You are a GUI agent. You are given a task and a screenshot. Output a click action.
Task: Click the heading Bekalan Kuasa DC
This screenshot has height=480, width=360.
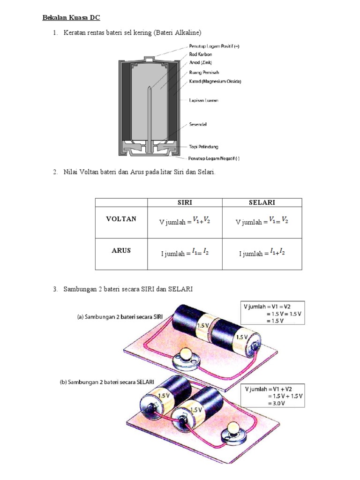coord(71,18)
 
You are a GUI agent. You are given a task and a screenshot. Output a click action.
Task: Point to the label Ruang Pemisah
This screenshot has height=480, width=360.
coord(204,72)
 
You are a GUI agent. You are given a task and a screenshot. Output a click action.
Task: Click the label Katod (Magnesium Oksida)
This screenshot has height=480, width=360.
coord(215,81)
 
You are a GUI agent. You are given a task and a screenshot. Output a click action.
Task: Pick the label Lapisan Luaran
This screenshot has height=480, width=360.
coord(203,100)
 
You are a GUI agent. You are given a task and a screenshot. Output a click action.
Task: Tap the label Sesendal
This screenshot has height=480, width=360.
coord(198,124)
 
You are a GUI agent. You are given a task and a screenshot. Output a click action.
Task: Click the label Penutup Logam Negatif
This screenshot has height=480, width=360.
coord(214,158)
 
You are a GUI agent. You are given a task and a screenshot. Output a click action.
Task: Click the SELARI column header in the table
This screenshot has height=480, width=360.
coord(262,202)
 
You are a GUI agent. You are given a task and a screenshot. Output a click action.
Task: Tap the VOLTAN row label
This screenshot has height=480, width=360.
coord(121,219)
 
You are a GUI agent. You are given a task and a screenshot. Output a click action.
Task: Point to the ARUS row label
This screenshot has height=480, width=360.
coord(121,250)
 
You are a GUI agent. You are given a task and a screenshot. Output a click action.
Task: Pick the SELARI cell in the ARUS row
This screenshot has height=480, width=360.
coord(262,253)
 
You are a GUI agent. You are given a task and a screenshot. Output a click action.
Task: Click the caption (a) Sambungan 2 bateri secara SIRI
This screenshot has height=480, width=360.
coord(120,317)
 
